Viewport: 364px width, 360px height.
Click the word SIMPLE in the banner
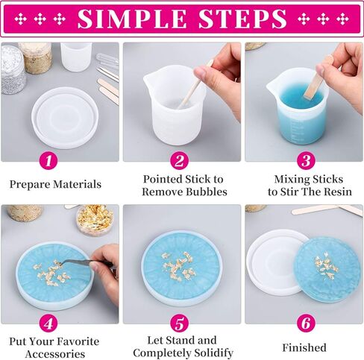coord(132,19)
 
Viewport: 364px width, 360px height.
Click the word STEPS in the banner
coord(243,19)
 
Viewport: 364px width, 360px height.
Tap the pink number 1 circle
coord(48,160)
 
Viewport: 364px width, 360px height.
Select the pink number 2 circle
coord(179,160)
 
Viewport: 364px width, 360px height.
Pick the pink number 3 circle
coord(306,160)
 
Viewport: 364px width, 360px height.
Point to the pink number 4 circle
coord(48,323)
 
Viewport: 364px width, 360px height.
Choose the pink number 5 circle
coord(179,323)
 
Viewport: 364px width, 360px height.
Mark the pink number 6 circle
coord(306,323)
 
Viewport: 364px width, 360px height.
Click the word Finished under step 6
coord(304,347)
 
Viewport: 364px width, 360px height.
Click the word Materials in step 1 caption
coord(78,184)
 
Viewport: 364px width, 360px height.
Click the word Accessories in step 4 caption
coord(55,354)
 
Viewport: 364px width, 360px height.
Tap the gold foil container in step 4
coord(95,220)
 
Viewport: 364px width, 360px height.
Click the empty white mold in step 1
coord(65,118)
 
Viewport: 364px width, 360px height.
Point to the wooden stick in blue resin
coord(314,83)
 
